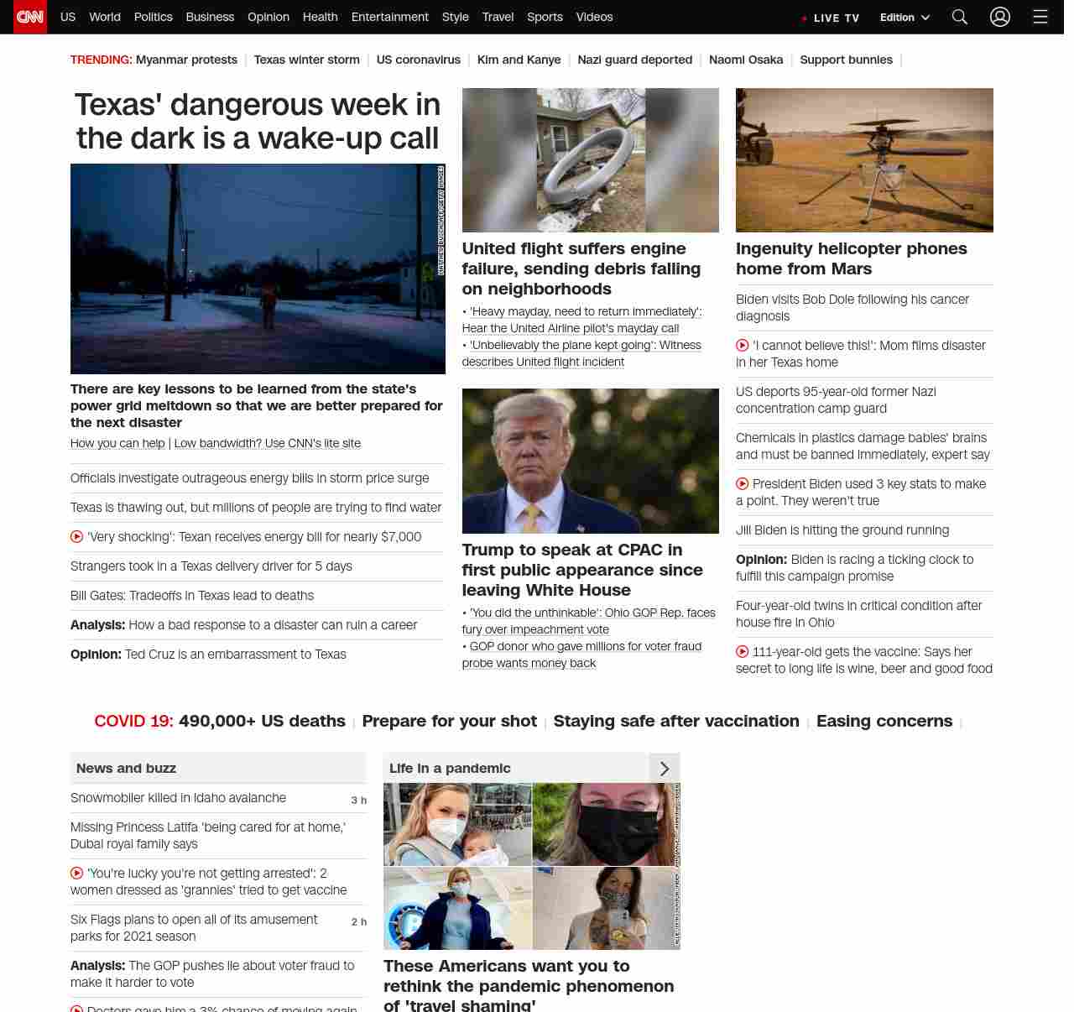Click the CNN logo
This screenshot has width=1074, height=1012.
(30, 17)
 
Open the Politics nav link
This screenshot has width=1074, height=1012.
(153, 17)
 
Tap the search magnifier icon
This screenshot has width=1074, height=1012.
(960, 17)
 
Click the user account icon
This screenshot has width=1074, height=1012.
(999, 17)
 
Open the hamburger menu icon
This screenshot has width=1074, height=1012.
(1040, 17)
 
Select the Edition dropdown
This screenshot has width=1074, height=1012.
(905, 18)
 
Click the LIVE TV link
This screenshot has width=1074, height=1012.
(832, 18)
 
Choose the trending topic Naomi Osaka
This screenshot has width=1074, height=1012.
(745, 60)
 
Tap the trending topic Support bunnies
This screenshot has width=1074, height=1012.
(846, 60)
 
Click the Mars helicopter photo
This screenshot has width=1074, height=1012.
(864, 159)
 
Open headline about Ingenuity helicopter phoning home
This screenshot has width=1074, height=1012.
(851, 258)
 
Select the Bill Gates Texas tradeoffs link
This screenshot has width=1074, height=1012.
(192, 596)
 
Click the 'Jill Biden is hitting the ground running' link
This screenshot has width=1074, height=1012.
(842, 530)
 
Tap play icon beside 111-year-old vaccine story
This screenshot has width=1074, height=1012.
(742, 652)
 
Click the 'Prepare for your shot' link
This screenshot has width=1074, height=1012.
(449, 721)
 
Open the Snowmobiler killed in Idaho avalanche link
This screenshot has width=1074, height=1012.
(178, 798)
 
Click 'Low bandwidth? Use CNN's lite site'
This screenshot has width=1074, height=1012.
(268, 443)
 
